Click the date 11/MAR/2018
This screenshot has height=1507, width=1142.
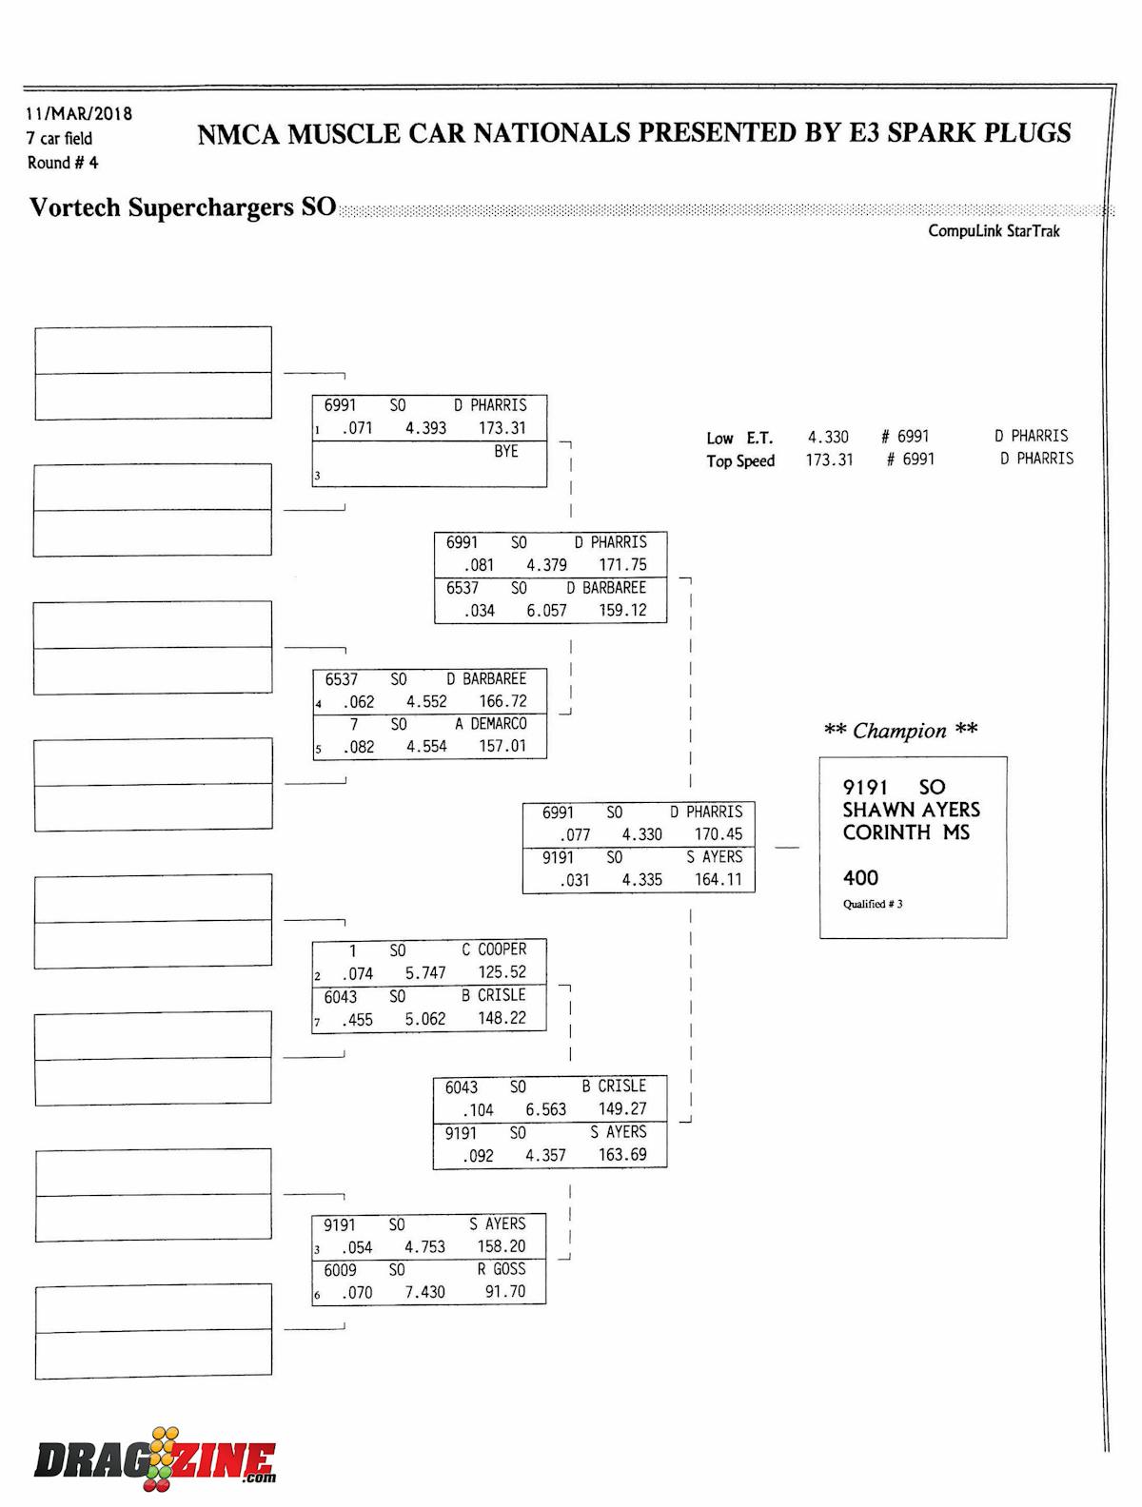point(79,113)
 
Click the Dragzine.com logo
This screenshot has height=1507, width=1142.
point(155,1459)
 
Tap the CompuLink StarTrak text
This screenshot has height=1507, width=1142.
point(994,231)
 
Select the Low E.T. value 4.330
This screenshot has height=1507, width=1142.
point(828,437)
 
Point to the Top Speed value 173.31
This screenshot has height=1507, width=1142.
point(829,460)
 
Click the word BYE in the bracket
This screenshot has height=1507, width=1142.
point(505,451)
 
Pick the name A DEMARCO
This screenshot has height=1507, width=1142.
point(490,724)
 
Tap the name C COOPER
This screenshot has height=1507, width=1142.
point(494,949)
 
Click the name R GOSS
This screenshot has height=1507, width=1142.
point(502,1269)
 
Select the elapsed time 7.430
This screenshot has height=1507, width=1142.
point(424,1292)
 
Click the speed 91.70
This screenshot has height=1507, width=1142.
point(504,1292)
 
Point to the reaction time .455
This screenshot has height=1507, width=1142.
point(358,1019)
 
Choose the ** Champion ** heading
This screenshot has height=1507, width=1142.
point(900,731)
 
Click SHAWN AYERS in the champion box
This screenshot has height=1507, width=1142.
point(911,810)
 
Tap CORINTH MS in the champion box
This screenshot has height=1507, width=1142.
point(905,832)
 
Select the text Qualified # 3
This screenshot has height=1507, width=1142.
point(872,904)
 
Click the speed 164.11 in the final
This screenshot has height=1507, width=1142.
point(718,880)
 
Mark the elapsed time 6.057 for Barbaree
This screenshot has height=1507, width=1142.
point(546,611)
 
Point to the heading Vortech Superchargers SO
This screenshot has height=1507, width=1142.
point(183,207)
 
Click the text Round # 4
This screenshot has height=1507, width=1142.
point(63,163)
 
